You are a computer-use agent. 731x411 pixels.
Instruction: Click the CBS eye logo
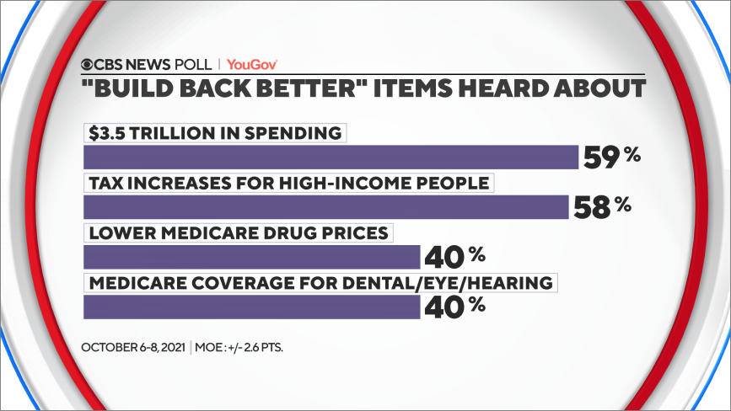89,64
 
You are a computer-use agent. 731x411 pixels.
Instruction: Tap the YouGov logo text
252,64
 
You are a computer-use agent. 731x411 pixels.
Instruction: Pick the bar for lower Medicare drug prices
252,257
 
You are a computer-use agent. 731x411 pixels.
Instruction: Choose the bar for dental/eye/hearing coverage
252,307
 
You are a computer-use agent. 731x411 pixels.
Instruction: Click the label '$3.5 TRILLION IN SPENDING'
216,133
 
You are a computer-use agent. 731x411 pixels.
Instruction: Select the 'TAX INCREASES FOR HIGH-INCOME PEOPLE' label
289,182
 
